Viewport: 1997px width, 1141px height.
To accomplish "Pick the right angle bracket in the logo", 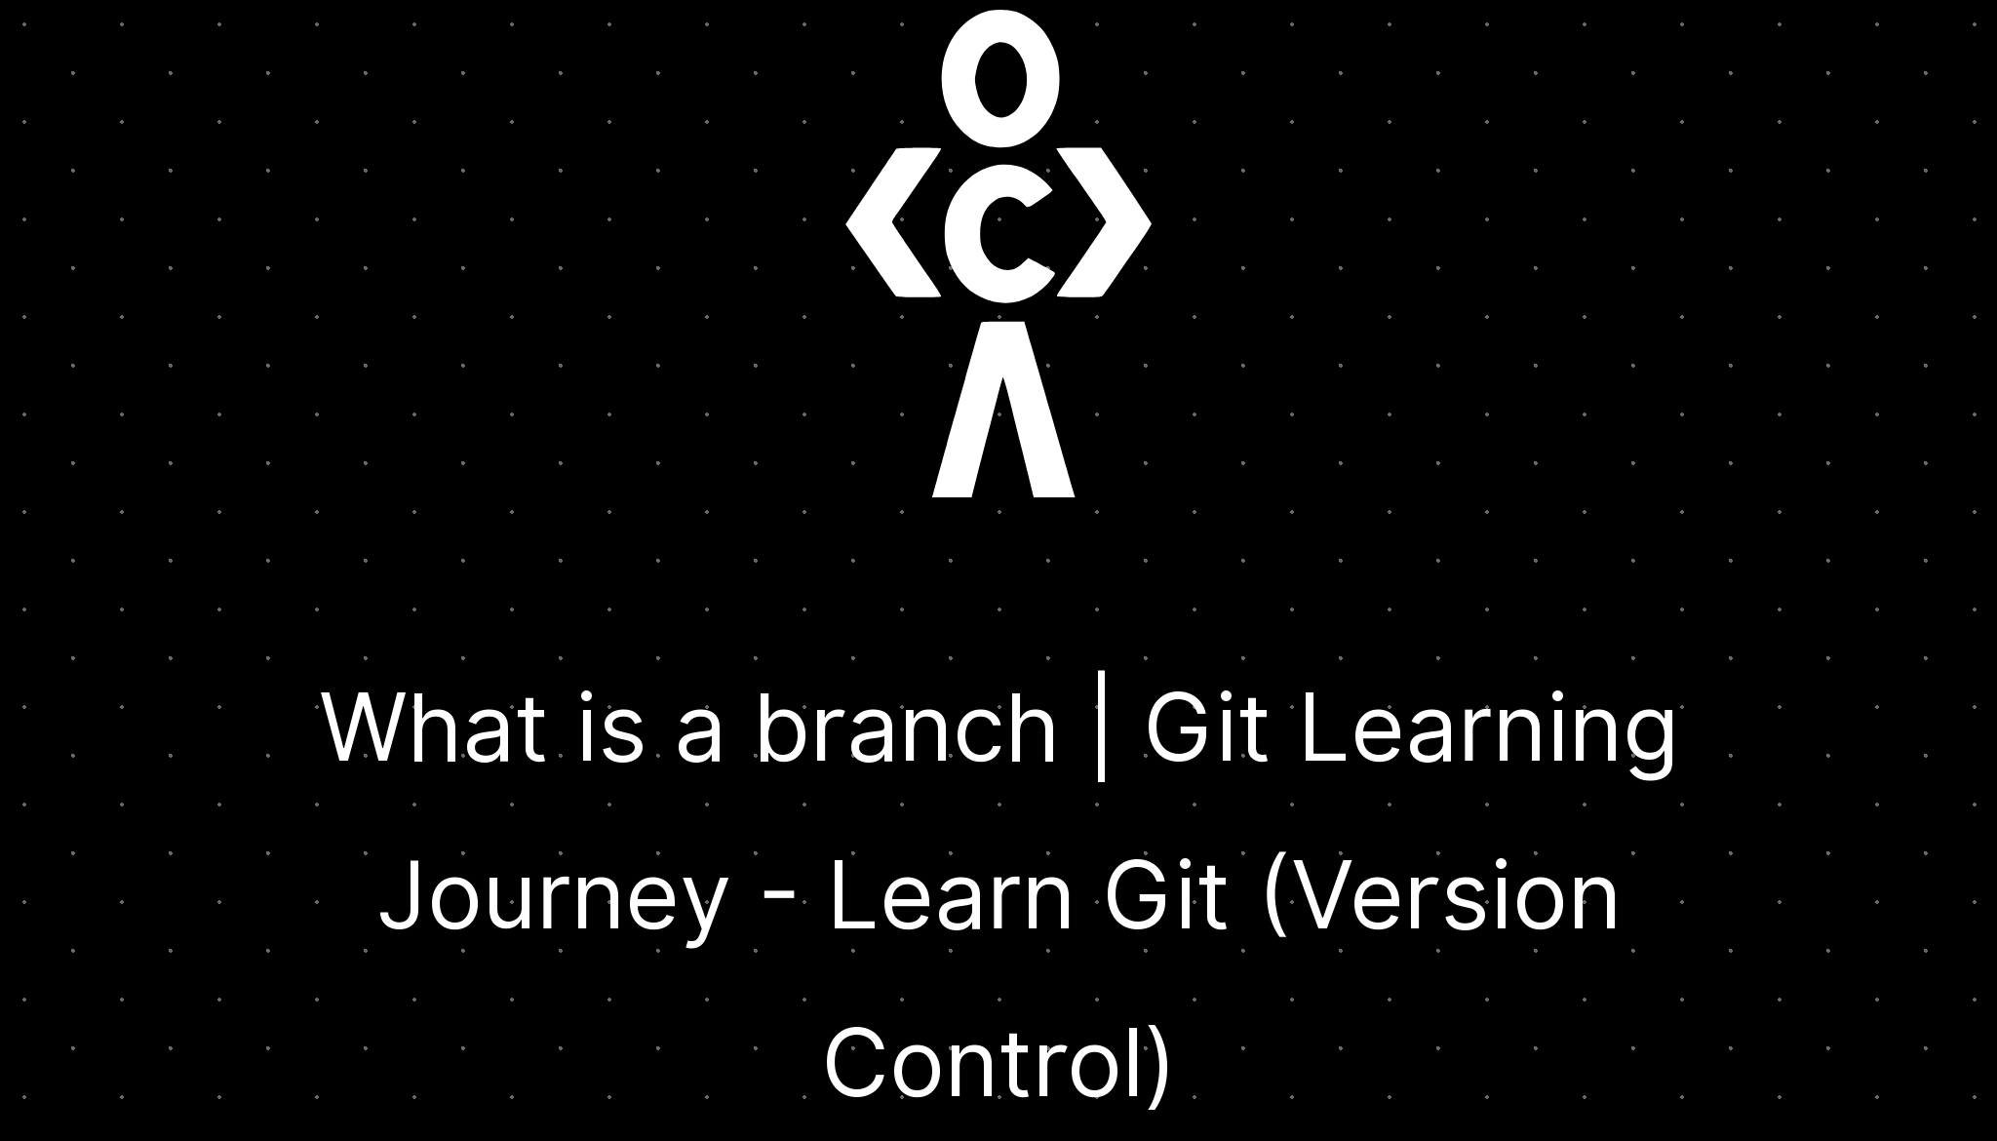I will coord(1107,223).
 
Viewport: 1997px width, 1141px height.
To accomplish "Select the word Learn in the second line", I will coord(950,897).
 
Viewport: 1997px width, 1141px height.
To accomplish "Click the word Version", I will coord(1453,897).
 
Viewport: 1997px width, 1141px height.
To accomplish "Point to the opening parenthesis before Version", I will coord(1274,899).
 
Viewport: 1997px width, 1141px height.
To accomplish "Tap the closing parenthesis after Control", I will coord(1158,1066).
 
